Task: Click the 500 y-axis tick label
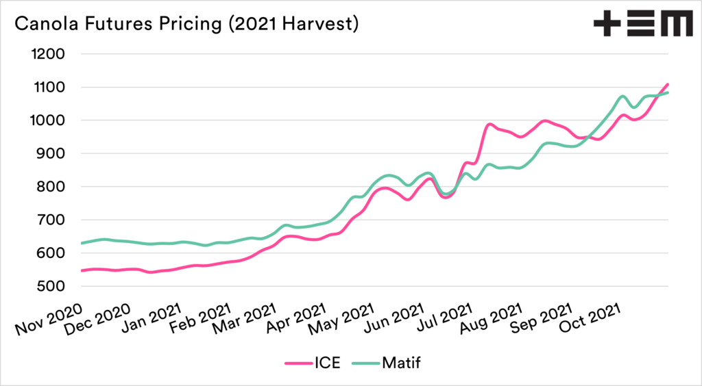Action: [52, 287]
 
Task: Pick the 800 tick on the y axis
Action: [52, 187]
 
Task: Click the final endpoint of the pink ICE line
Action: [667, 84]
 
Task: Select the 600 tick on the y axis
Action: [52, 253]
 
